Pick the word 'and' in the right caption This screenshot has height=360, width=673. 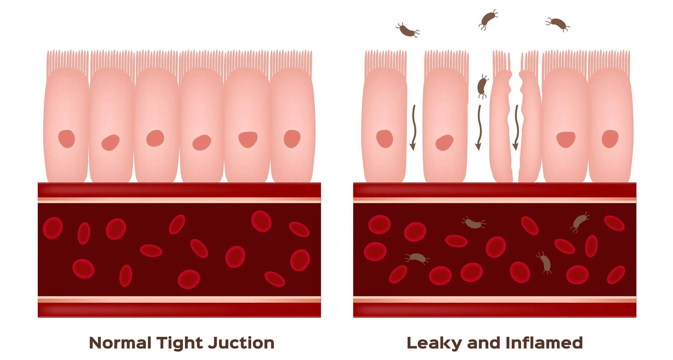pos(484,343)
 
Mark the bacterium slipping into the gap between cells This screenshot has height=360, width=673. pos(482,86)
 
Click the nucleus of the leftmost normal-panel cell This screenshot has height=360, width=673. pos(66,139)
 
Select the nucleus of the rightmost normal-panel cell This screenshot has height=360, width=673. pos(292,139)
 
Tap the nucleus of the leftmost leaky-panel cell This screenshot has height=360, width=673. pos(384,139)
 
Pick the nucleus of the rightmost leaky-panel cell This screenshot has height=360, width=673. pos(610,139)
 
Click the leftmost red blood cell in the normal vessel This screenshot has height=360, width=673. pos(53,228)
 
